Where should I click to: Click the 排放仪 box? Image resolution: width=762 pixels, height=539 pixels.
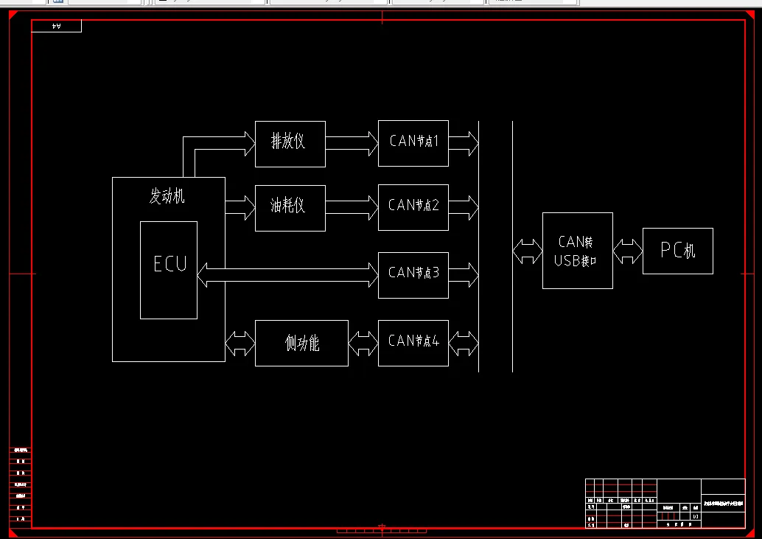click(x=290, y=144)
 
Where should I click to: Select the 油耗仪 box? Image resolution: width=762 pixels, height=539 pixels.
click(x=290, y=207)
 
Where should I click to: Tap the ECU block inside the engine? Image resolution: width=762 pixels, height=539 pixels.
click(x=169, y=269)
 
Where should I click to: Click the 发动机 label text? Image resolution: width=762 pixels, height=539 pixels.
click(x=168, y=197)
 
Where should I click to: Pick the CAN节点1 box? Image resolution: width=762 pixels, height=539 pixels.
click(x=413, y=143)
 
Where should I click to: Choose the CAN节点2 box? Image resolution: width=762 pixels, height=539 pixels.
click(x=413, y=207)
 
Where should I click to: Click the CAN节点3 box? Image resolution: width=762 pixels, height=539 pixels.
click(x=413, y=274)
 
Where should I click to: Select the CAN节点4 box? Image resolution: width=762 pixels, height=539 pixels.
click(x=413, y=342)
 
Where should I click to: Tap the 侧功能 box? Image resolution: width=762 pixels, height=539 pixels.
click(x=301, y=343)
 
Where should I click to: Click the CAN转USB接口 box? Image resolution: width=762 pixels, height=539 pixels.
click(x=577, y=250)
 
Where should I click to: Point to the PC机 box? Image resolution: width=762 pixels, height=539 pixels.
click(x=677, y=251)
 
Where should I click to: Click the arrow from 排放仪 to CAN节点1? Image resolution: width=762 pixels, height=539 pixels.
click(x=352, y=143)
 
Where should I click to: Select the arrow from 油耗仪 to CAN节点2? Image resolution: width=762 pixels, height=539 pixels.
click(x=352, y=207)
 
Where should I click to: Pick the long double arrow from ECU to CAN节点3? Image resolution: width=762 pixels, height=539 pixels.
click(x=287, y=274)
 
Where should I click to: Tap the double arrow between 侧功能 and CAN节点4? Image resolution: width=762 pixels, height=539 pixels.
click(x=363, y=343)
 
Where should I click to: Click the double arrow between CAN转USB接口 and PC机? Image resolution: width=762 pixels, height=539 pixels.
click(x=627, y=251)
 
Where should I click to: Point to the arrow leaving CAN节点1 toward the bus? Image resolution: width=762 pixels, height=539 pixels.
click(x=463, y=143)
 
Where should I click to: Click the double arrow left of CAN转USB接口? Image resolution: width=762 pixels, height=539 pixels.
click(x=527, y=251)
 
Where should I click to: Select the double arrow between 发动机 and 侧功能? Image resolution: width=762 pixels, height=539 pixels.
click(x=240, y=343)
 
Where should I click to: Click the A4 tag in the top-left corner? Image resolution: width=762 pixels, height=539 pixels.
click(x=57, y=27)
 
